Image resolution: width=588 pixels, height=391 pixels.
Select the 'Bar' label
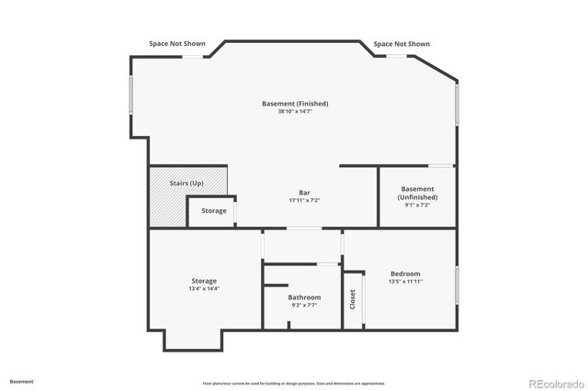[304, 192]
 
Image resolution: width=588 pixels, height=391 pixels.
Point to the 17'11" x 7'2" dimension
[304, 200]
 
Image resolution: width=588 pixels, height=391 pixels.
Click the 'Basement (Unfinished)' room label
[418, 193]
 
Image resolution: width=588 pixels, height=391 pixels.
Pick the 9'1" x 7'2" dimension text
[418, 205]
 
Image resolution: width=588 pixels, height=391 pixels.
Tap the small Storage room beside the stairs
[214, 211]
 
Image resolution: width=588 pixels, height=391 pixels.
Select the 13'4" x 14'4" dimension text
[204, 289]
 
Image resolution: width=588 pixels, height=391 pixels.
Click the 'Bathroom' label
[304, 297]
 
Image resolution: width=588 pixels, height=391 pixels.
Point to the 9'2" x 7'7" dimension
[304, 306]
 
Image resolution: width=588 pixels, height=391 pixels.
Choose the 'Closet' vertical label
[353, 299]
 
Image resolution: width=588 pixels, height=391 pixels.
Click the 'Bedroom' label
[405, 274]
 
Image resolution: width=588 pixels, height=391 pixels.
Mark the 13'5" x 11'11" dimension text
[405, 282]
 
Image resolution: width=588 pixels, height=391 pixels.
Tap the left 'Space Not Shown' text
[177, 43]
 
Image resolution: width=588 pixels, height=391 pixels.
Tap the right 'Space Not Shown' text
[401, 43]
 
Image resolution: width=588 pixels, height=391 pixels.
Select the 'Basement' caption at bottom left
[22, 381]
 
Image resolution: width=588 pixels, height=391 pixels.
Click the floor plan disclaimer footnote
[294, 383]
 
